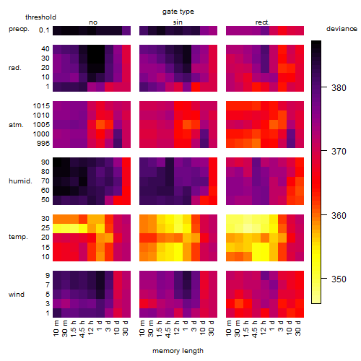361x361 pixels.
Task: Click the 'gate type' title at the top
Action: tap(178, 12)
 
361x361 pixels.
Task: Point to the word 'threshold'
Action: tap(40, 17)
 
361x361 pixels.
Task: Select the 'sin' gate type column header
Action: tap(178, 22)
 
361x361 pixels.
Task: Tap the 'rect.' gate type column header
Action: tap(262, 22)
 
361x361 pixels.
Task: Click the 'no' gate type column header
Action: tap(93, 22)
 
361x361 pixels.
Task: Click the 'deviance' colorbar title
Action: tap(342, 29)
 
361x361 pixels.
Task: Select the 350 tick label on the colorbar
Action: tap(339, 279)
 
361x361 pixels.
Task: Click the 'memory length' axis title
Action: tap(178, 351)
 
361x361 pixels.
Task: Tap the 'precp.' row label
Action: tap(19, 29)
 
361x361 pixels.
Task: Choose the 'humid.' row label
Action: tap(20, 181)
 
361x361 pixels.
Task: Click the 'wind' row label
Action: tap(17, 295)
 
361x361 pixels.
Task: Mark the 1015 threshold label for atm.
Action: tap(41, 106)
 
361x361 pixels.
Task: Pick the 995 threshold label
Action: tap(43, 144)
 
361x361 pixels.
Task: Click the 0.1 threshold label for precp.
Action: tap(44, 30)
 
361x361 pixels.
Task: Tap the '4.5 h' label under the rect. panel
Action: tap(255, 329)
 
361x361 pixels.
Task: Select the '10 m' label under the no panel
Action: tap(56, 329)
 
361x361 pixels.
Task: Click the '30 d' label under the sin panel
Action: tap(212, 329)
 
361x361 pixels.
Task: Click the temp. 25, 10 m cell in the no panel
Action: tap(57, 228)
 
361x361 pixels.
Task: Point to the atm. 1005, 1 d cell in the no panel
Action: tap(100, 125)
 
